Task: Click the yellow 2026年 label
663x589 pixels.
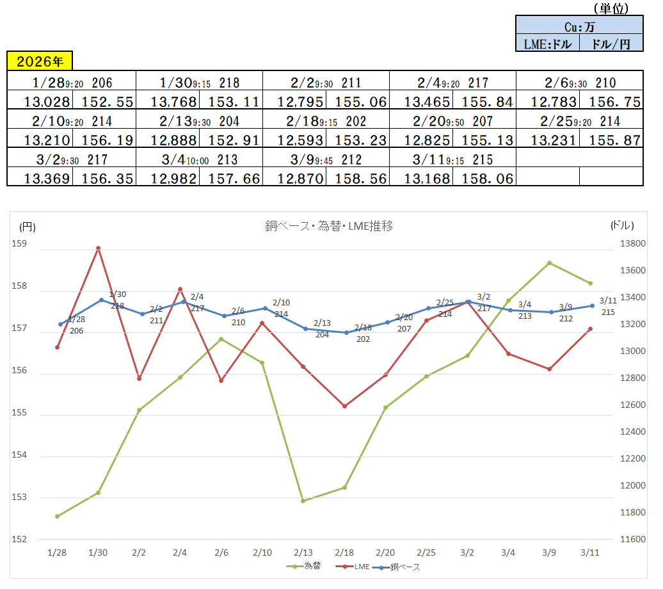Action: tap(40, 61)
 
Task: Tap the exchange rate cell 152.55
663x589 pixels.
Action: tap(104, 102)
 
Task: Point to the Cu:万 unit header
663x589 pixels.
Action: tap(579, 27)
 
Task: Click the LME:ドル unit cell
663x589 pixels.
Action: tap(547, 44)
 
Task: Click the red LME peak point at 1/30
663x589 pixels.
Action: tap(98, 248)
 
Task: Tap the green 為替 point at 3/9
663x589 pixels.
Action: tap(549, 263)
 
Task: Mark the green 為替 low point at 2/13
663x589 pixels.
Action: tap(303, 501)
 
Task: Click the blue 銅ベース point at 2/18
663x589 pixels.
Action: tap(346, 332)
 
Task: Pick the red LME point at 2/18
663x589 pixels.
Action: tap(344, 406)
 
